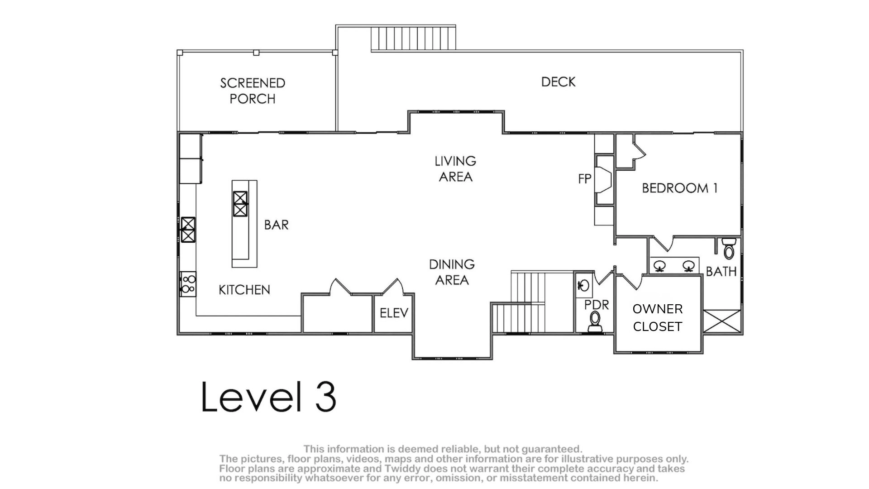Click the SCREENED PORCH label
[x=253, y=91]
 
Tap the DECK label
[x=559, y=82]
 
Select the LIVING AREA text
[x=455, y=169]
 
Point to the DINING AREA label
[x=452, y=272]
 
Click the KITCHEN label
[x=244, y=290]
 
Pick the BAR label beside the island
[x=276, y=225]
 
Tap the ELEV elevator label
[x=394, y=313]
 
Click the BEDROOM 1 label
[x=680, y=188]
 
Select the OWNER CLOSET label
[x=657, y=318]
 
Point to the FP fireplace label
[x=585, y=179]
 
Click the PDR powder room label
[x=597, y=305]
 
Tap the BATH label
[x=721, y=272]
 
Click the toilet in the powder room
[x=595, y=322]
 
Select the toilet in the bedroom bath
[x=728, y=248]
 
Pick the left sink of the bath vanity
[x=660, y=266]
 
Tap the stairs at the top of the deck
[x=413, y=38]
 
